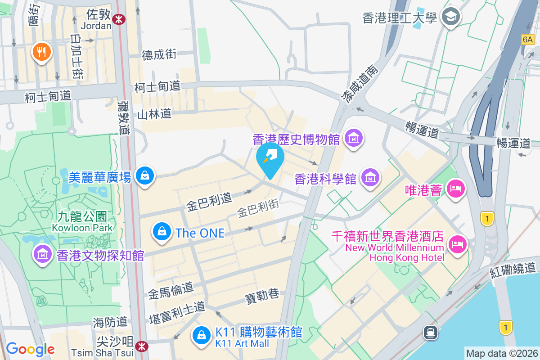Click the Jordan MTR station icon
pos(119,18)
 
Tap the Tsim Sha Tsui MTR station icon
pos(142,346)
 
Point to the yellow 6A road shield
pos(527,40)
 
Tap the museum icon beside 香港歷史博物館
pos(354,138)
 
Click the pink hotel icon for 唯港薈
pos(456,189)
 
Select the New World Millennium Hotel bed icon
pos(458,245)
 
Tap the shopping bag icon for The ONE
pos(161,232)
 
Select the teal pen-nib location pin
pos(270,158)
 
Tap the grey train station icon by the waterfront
pos(431,333)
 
